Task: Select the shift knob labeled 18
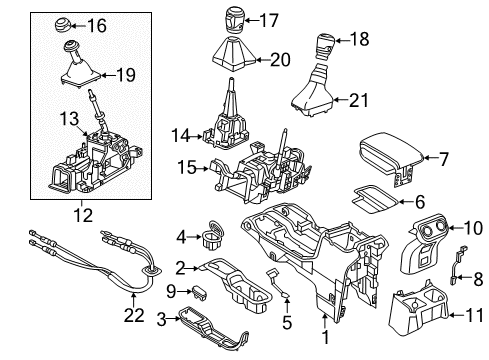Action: [327, 44]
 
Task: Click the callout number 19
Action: [125, 73]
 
